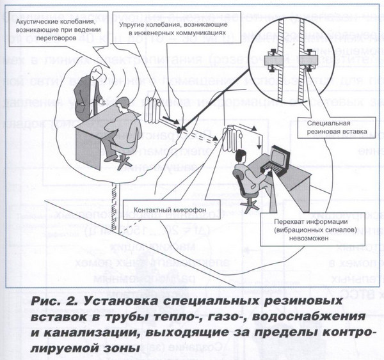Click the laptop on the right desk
[281, 157]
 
